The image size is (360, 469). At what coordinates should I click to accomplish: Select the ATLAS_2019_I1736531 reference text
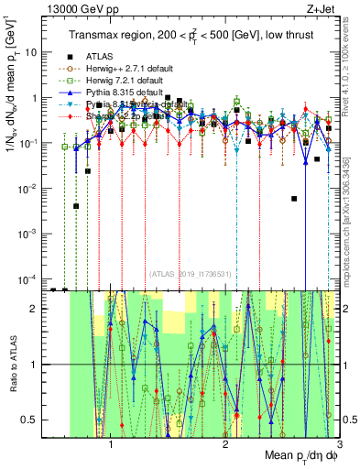click(x=189, y=273)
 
